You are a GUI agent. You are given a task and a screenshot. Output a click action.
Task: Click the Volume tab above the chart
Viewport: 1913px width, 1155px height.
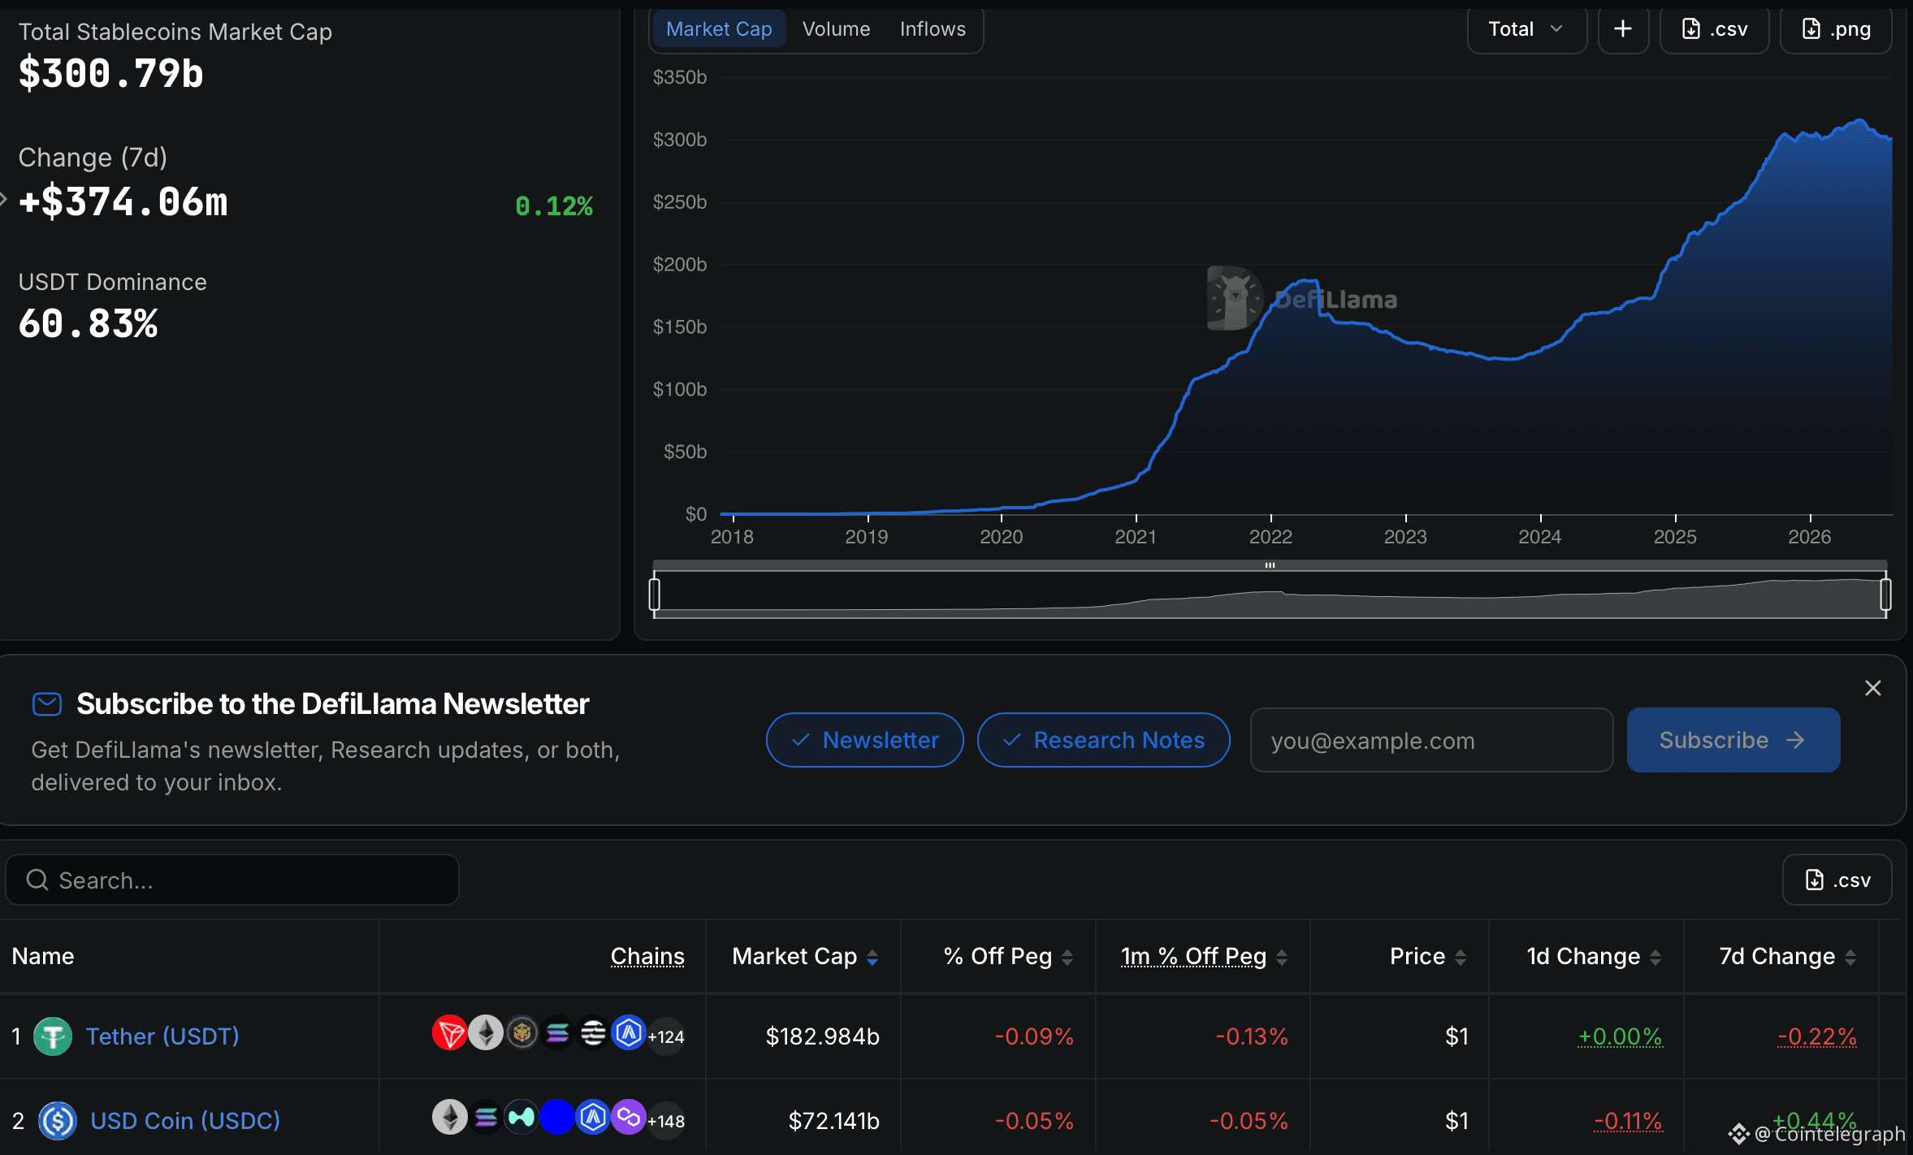[x=836, y=29]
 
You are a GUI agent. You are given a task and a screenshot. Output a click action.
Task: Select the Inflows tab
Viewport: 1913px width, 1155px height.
[x=933, y=29]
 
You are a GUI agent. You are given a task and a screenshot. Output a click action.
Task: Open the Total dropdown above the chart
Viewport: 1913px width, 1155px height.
[x=1526, y=29]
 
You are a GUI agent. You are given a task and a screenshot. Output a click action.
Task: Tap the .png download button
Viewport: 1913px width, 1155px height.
[x=1836, y=29]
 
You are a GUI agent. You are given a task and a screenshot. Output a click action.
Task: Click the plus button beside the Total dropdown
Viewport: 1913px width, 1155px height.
[x=1623, y=29]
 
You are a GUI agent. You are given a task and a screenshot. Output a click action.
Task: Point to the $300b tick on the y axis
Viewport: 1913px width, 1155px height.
[x=680, y=140]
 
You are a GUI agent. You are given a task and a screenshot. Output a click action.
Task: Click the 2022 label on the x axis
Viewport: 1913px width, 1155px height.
[x=1270, y=537]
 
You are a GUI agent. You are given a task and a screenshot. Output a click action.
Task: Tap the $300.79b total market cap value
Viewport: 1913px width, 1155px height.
[x=111, y=74]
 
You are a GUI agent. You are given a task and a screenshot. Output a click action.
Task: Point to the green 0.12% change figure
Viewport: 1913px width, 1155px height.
[x=554, y=206]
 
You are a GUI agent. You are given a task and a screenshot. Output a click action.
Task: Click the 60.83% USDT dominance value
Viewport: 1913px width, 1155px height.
[x=89, y=324]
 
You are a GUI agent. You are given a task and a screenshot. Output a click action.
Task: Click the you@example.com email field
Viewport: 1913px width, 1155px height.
[x=1431, y=740]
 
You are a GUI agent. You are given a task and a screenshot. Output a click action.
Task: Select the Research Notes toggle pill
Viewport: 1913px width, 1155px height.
[x=1103, y=740]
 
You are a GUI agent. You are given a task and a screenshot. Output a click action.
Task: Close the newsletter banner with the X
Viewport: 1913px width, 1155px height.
[x=1873, y=688]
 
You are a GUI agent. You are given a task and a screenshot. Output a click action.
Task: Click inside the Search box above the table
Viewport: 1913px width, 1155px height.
[x=232, y=880]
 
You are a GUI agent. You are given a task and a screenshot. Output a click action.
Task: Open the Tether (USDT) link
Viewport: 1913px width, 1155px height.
[x=162, y=1036]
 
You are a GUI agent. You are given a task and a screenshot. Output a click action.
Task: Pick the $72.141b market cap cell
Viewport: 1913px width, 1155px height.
[x=833, y=1121]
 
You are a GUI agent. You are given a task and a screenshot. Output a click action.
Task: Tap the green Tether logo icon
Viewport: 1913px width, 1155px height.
[x=53, y=1036]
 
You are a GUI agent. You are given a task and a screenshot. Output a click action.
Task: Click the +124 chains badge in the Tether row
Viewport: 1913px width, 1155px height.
[x=666, y=1036]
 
